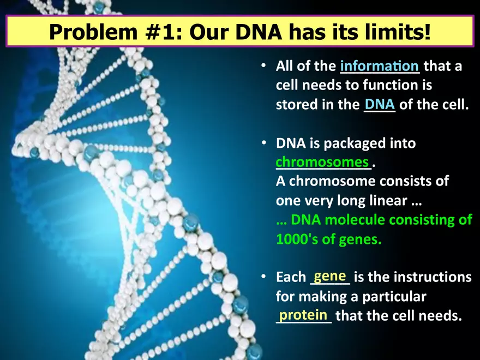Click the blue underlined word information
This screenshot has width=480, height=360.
(x=379, y=67)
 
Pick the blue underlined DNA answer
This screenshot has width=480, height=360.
(x=380, y=104)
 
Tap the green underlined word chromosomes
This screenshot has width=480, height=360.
(x=322, y=162)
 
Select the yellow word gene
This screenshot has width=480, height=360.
(x=329, y=277)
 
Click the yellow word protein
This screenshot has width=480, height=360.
(x=303, y=315)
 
